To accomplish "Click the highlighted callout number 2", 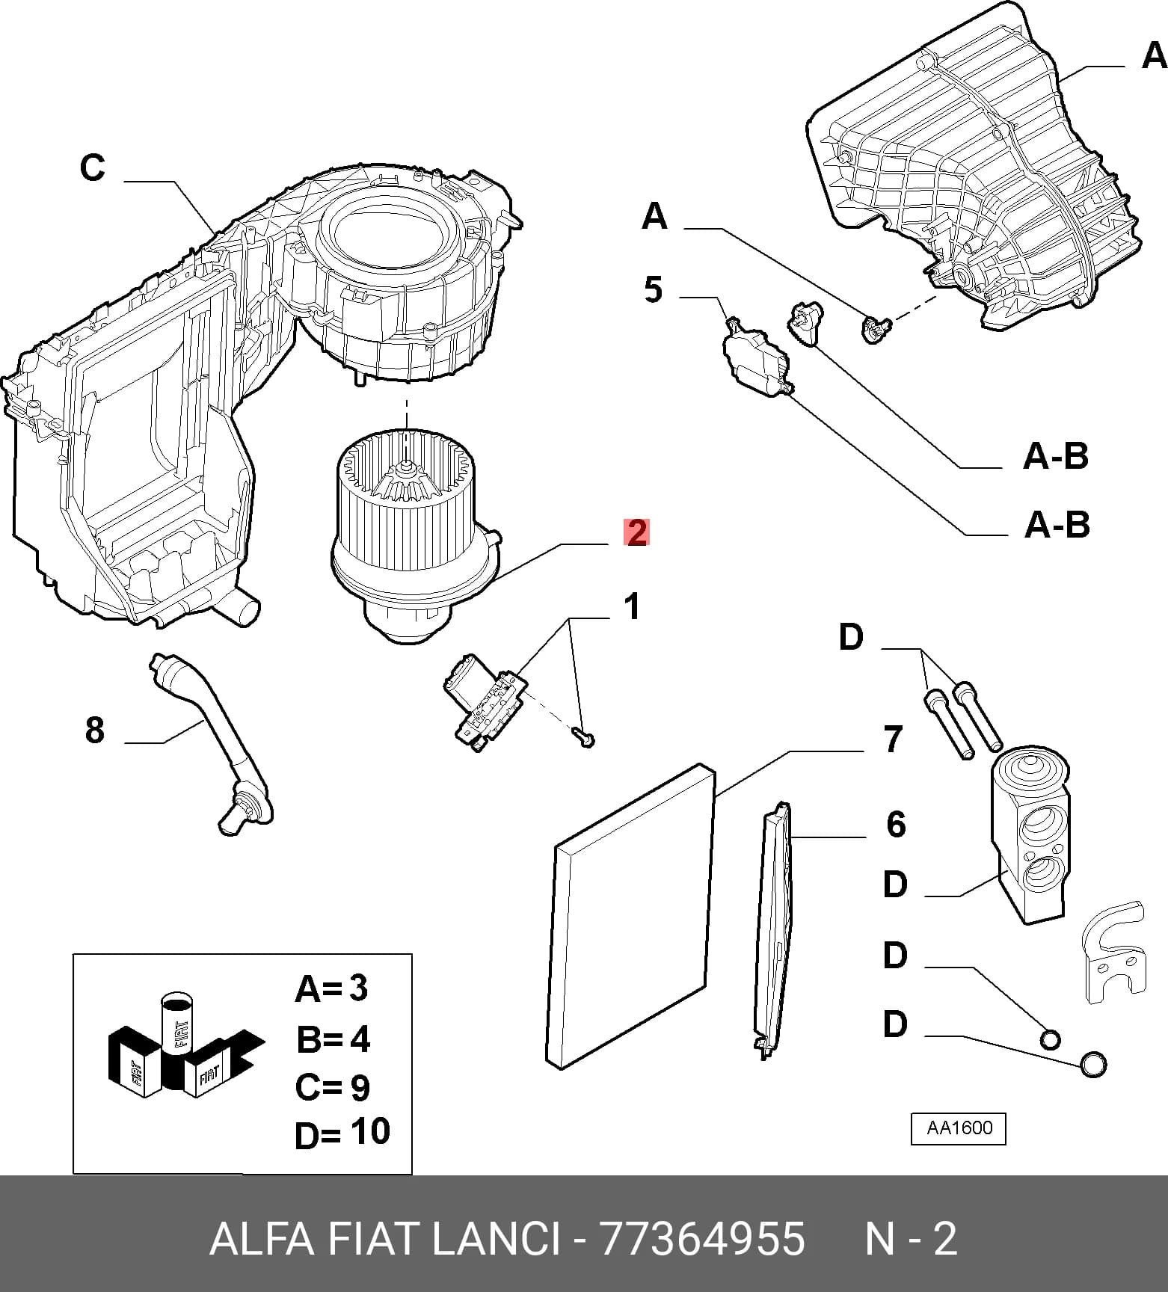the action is (636, 532).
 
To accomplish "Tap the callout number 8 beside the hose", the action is (94, 730).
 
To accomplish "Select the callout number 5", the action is (653, 289).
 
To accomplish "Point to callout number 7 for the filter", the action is (893, 739).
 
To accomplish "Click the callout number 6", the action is (896, 824).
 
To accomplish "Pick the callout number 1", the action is (633, 606).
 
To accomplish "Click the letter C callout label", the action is (93, 167).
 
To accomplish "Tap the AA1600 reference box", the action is (959, 1129).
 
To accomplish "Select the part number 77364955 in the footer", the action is (703, 1239).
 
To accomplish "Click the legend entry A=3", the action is (332, 988).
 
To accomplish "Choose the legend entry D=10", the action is (342, 1133).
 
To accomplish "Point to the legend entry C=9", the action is (333, 1087).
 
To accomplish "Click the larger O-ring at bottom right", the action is (1092, 1063).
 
